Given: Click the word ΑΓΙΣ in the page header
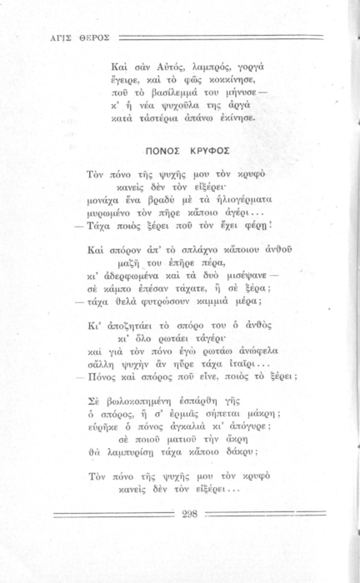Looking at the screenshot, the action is pyautogui.click(x=51, y=38).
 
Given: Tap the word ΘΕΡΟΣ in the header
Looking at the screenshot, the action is pyautogui.click(x=88, y=38).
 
